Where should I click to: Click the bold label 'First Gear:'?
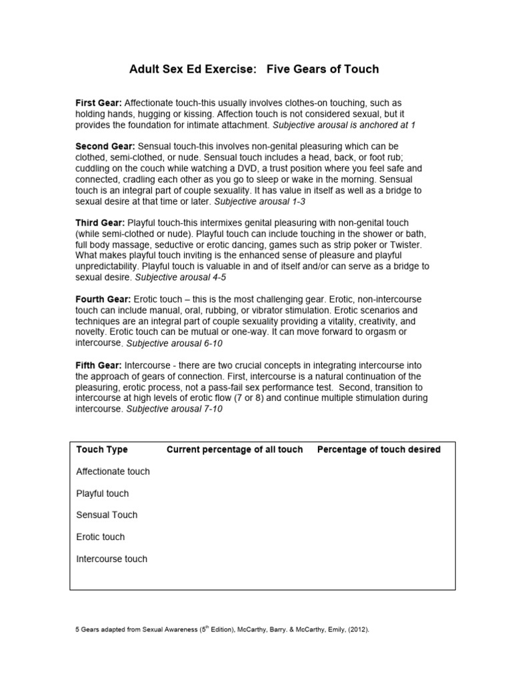[98, 103]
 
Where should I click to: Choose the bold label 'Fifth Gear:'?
[98, 366]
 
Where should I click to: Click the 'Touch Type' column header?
[102, 450]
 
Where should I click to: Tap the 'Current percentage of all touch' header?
[234, 450]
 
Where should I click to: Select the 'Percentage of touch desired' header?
[378, 450]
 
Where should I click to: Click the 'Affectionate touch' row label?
[113, 472]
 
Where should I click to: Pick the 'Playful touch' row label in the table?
[102, 494]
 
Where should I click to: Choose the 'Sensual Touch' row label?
[107, 515]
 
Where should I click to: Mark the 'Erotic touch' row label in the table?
[100, 537]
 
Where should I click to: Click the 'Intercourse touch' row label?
[111, 559]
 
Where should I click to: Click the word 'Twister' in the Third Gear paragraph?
[395, 244]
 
